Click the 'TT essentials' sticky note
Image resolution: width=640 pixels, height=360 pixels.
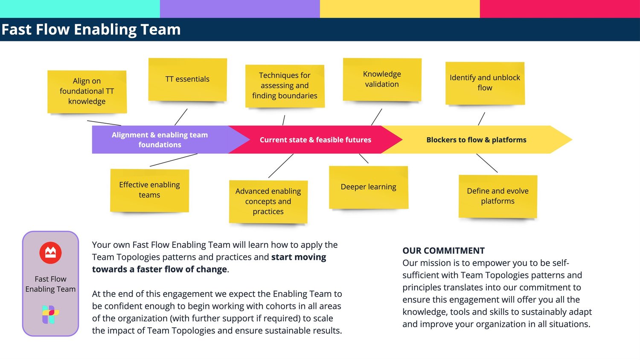click(187, 79)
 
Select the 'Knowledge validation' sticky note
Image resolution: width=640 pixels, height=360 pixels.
click(382, 79)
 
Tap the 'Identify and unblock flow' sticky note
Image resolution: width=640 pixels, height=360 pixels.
click(485, 83)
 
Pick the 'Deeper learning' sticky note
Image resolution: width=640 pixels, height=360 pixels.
click(368, 187)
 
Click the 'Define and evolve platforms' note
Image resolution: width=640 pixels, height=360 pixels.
click(497, 196)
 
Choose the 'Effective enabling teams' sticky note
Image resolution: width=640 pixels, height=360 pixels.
click(149, 190)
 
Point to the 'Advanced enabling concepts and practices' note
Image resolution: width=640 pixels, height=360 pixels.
click(268, 201)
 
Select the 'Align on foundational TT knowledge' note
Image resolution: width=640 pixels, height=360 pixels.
click(87, 91)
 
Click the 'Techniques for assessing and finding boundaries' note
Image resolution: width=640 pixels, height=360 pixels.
click(285, 86)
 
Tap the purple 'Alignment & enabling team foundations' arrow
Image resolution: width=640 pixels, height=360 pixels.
click(160, 139)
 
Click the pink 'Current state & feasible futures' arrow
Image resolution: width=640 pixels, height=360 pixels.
click(315, 139)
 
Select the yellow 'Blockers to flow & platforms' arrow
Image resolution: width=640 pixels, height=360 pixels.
click(476, 139)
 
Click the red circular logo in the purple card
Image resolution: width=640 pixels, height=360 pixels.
click(50, 253)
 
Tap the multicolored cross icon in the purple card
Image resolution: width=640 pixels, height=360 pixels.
click(50, 314)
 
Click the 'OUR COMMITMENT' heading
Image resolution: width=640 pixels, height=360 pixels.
click(443, 250)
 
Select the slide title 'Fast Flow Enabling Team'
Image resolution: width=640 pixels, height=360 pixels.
click(91, 29)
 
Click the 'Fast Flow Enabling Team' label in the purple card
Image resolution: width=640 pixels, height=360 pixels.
click(50, 284)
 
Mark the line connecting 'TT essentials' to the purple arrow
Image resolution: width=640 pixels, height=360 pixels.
click(181, 117)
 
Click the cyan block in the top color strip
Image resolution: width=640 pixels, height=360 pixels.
click(80, 9)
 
